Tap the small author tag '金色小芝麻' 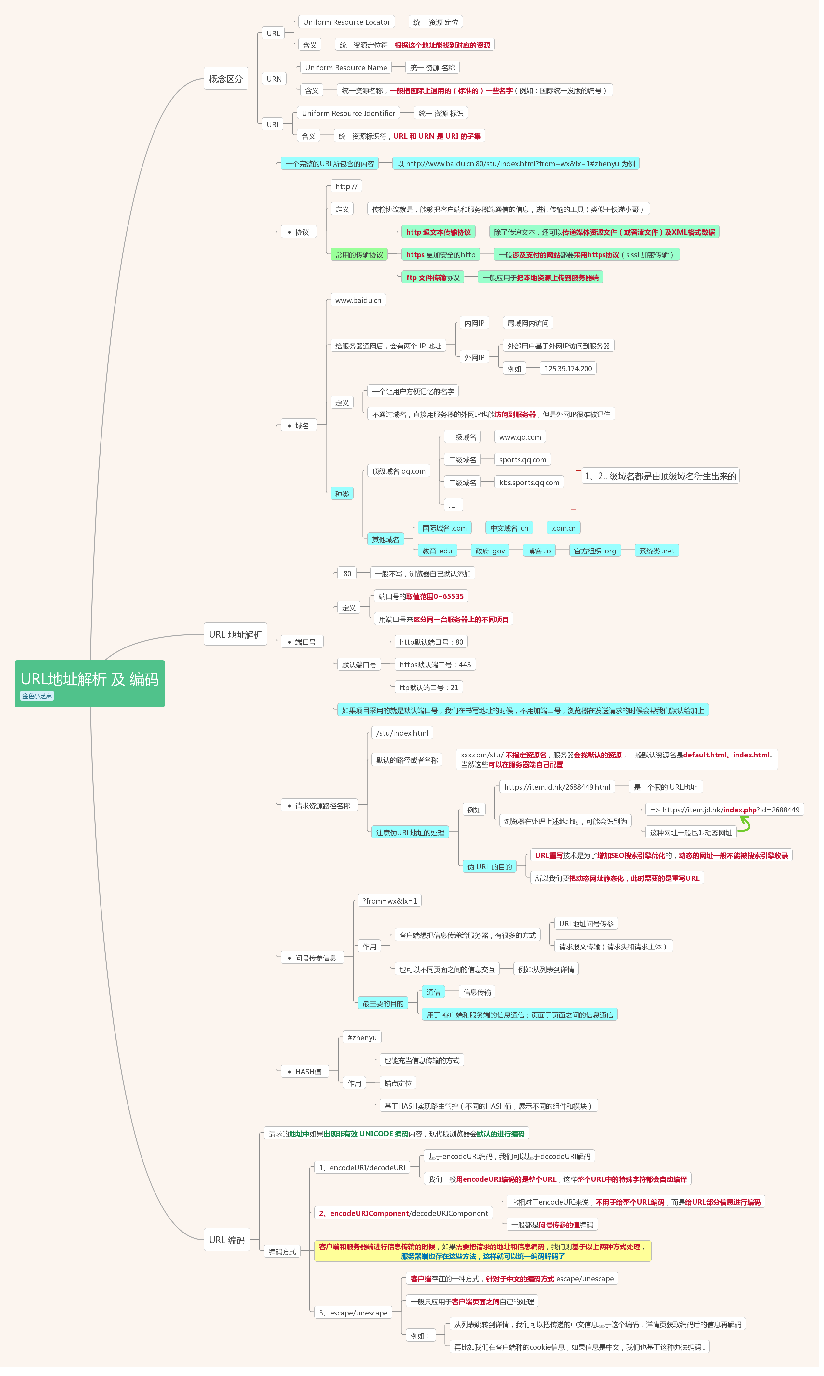tap(37, 696)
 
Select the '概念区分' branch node tap(226, 79)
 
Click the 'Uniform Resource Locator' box tap(346, 22)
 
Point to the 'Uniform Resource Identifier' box tap(349, 113)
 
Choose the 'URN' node tap(274, 79)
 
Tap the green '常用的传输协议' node tap(359, 255)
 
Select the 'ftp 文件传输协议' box tap(433, 278)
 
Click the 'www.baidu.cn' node tap(358, 300)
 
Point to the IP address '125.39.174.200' tap(568, 369)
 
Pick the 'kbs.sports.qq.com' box tap(529, 483)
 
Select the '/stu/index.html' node tap(402, 733)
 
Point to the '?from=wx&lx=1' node tap(390, 901)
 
